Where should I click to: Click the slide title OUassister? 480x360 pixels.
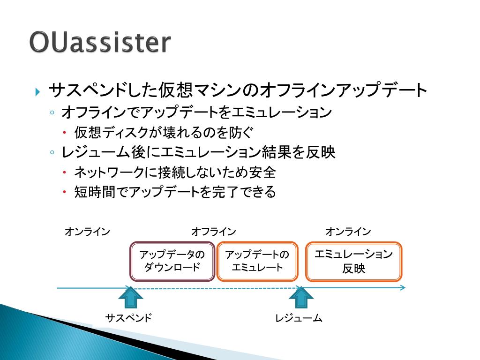point(99,43)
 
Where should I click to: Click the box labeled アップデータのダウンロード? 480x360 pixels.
point(172,261)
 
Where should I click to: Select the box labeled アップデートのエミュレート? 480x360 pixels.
point(257,261)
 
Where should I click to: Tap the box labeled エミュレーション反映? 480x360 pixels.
point(353,261)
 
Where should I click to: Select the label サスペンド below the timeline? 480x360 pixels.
point(128,318)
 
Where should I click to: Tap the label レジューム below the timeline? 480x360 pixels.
point(299,318)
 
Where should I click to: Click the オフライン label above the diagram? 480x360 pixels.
point(213,232)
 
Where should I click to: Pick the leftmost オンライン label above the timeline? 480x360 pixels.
point(87,232)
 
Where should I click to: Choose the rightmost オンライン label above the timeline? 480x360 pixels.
point(348,232)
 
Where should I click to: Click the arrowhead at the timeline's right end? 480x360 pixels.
point(403,287)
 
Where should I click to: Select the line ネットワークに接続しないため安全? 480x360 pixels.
point(175,172)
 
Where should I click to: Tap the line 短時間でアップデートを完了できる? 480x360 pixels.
point(175,192)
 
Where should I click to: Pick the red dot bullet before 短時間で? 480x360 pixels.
point(65,192)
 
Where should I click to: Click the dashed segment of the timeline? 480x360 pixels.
point(216,288)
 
